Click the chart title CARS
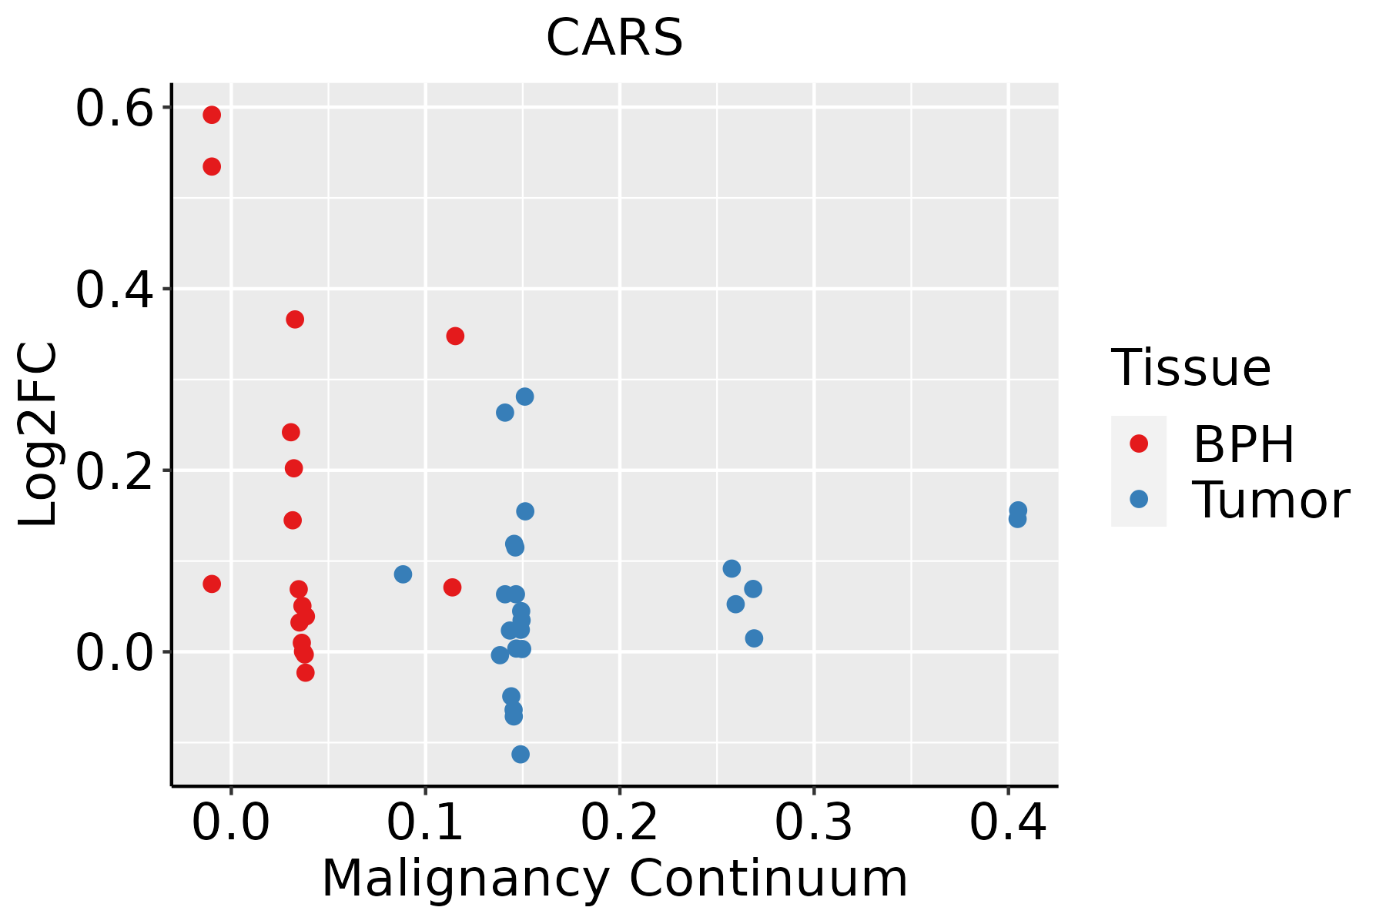[x=614, y=38]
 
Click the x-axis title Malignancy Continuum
[x=614, y=879]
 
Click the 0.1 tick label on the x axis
[x=425, y=823]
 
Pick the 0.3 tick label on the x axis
[x=813, y=823]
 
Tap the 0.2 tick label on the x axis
[x=619, y=823]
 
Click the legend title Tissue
[x=1191, y=368]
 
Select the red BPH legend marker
[x=1138, y=444]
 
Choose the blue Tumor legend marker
[x=1138, y=499]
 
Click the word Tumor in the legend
[x=1270, y=500]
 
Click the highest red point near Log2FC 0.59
[x=212, y=115]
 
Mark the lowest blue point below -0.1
[x=521, y=754]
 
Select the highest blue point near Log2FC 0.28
[x=525, y=397]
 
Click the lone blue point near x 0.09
[x=403, y=574]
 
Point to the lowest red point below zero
[x=306, y=672]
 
